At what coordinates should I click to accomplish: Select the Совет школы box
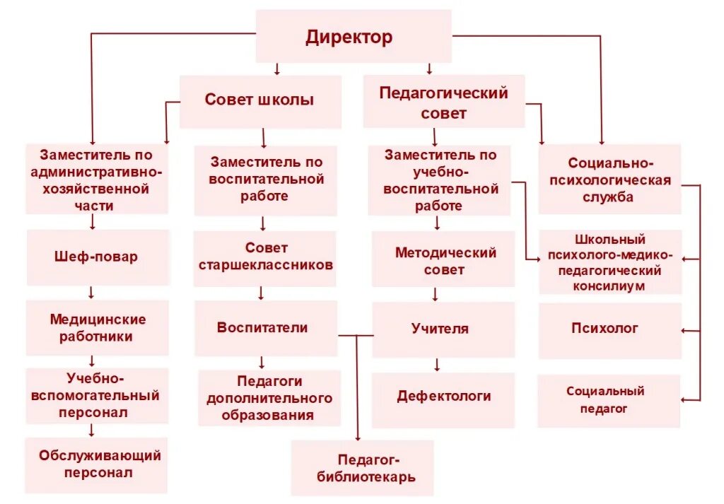pos(259,100)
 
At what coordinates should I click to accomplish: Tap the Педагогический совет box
pos(443,102)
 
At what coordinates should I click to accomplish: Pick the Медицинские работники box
pos(98,328)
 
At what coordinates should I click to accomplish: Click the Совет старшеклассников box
pos(265,257)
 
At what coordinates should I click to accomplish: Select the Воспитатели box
pos(263,328)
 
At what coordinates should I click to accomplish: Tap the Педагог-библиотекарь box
pos(362,468)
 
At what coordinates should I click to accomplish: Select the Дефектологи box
pos(443,397)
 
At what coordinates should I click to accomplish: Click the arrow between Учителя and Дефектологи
pos(437,365)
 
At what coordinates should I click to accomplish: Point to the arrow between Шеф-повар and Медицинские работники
pos(92,292)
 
